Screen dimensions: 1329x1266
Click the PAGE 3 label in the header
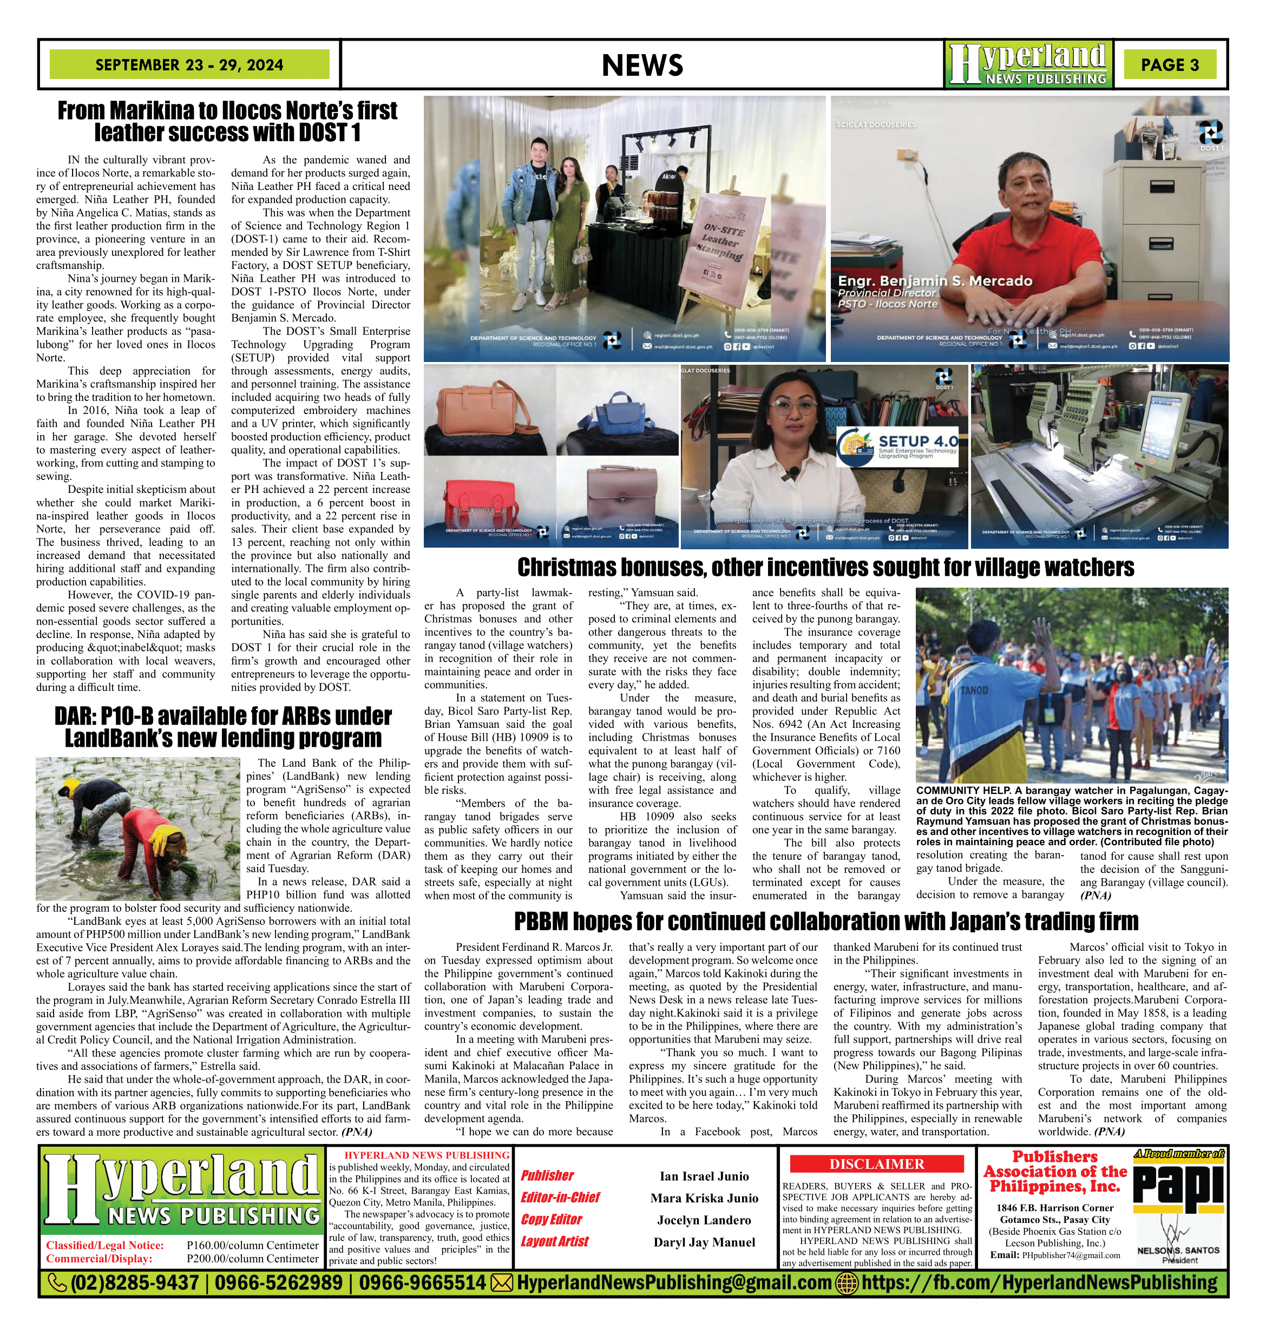(1170, 65)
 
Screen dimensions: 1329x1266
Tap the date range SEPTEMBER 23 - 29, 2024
(189, 65)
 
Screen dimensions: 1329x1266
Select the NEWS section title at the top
(642, 65)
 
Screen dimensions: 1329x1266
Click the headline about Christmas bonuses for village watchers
(825, 567)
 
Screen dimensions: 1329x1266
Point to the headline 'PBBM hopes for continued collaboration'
(825, 921)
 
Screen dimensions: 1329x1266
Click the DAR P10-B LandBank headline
(222, 727)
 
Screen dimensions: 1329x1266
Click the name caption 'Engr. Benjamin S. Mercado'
(935, 281)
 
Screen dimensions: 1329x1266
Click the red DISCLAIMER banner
(877, 1164)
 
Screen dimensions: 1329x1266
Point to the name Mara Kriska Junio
(704, 1198)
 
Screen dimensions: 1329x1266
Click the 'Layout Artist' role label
(555, 1241)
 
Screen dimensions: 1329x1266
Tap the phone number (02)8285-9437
(135, 1282)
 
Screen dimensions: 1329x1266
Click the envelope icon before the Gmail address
(501, 1282)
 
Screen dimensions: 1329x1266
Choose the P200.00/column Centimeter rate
(252, 1258)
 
